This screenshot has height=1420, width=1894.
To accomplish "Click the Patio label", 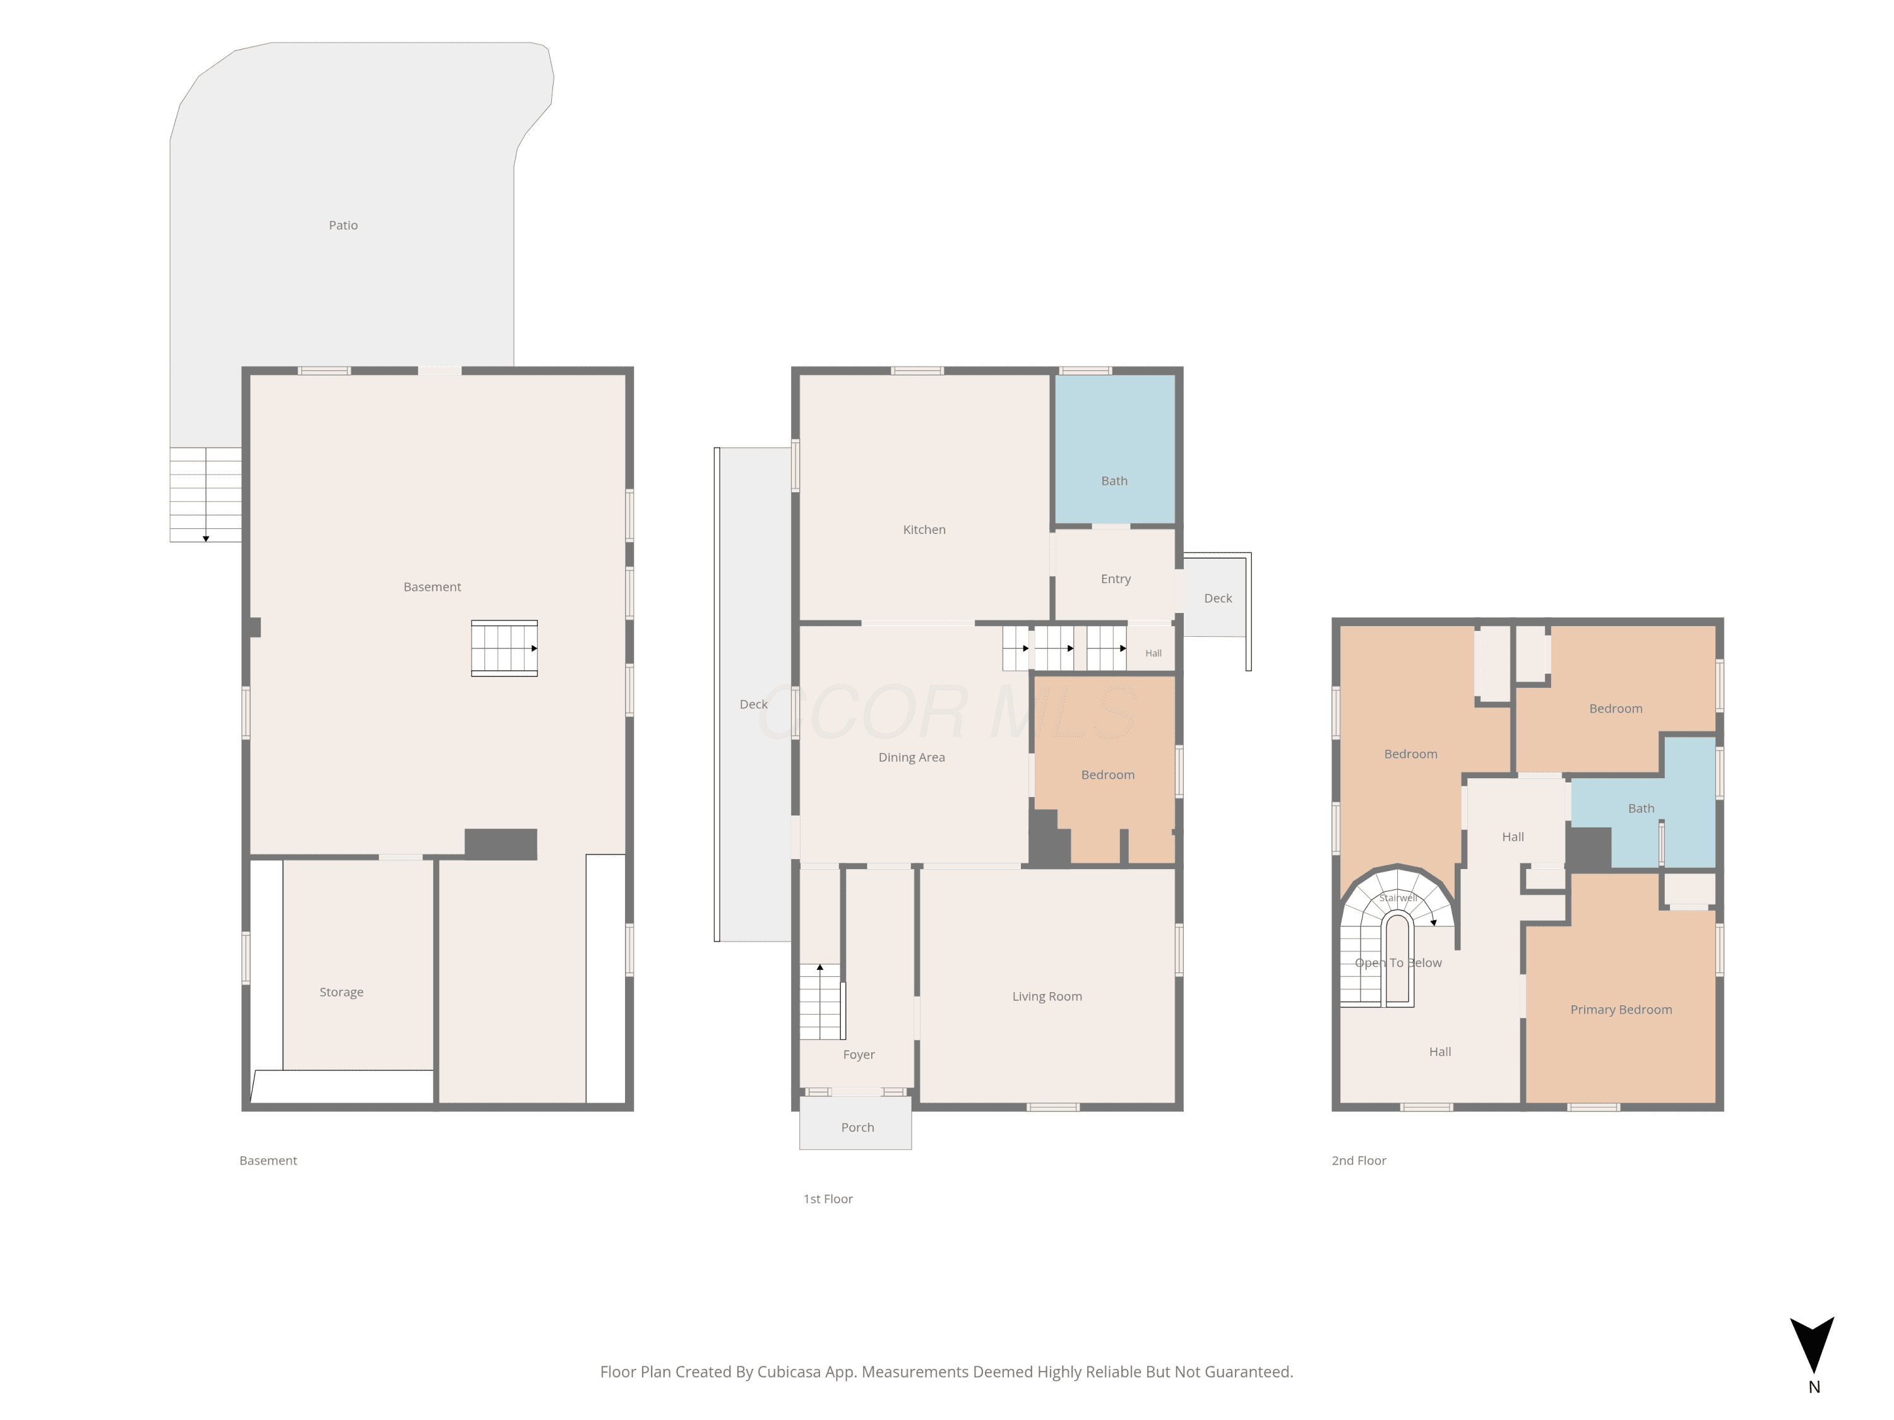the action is (343, 225).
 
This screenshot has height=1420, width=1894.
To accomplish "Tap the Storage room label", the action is (342, 992).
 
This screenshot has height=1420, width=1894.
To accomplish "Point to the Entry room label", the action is (1116, 579).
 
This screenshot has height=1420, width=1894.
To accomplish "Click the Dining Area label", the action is (912, 757).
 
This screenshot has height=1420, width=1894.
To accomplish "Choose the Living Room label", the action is (1047, 997).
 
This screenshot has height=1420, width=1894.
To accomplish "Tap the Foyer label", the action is (859, 1055).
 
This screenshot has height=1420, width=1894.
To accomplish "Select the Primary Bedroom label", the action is (1621, 1010).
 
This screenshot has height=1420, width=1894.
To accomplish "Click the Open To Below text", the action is (1398, 963).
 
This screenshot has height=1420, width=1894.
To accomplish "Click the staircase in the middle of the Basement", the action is (504, 648).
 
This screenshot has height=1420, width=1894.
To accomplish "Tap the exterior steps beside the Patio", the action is (205, 495).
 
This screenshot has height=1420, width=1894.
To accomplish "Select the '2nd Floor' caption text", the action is (1359, 1161).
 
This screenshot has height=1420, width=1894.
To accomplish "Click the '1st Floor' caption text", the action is (828, 1199).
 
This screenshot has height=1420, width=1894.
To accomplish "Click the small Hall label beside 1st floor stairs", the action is (1153, 653).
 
